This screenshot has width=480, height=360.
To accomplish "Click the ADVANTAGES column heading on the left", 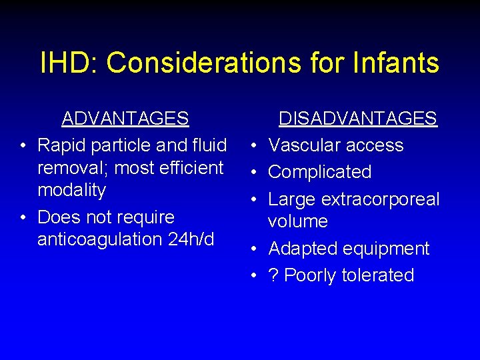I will click(x=125, y=119).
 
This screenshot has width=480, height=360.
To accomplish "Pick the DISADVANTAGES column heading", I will click(x=357, y=119).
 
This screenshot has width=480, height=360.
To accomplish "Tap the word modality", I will click(x=72, y=190).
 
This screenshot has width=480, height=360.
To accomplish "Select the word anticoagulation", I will click(x=101, y=239).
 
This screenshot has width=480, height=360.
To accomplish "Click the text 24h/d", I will click(x=191, y=239).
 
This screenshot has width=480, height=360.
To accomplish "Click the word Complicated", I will click(x=320, y=172).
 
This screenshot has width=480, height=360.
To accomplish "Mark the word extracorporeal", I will click(x=381, y=199).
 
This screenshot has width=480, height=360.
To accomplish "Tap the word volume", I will click(x=298, y=221).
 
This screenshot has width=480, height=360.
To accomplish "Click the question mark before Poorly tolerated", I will click(x=273, y=275).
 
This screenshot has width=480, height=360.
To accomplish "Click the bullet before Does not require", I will click(x=23, y=217).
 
